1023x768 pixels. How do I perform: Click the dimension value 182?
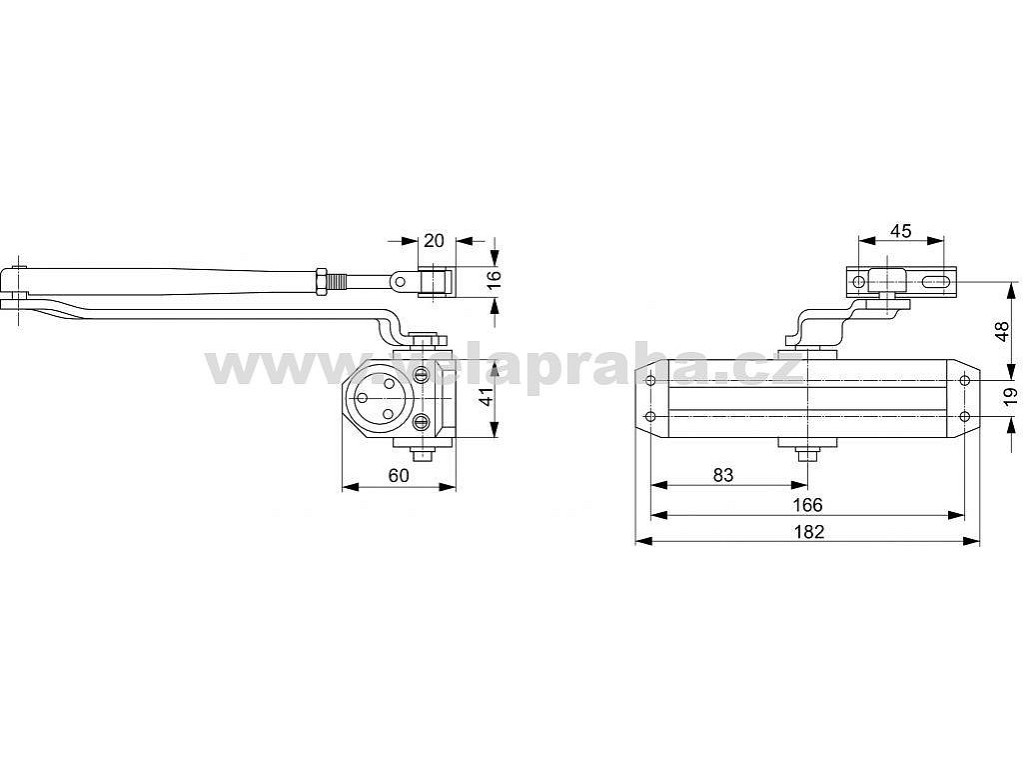coord(809,532)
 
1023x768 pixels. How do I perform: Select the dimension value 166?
coord(807,505)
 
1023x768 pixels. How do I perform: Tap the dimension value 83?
coord(723,475)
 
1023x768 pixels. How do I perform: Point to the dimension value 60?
coord(399,475)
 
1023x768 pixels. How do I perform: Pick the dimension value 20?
coord(434,240)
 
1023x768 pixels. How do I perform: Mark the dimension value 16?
coord(494,276)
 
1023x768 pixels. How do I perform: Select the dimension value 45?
coord(900,231)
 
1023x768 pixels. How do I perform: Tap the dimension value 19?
coord(1010,396)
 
